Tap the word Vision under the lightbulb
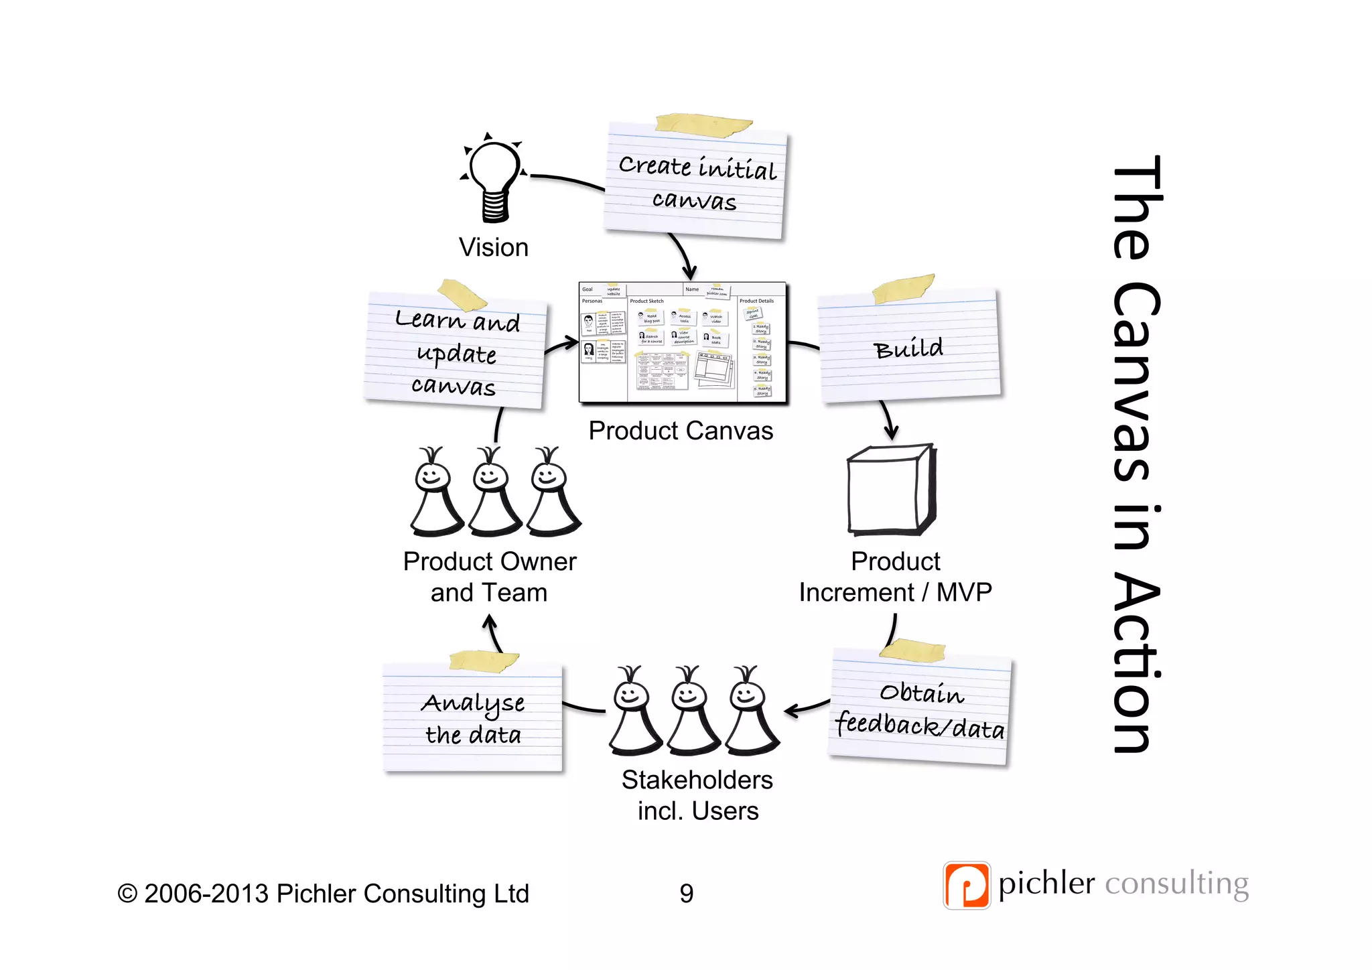(494, 248)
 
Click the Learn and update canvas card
(456, 353)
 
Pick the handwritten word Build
(908, 348)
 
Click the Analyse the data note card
(473, 718)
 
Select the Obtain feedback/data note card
(920, 710)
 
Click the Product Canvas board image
(681, 343)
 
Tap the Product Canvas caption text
(681, 431)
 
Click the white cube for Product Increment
(891, 490)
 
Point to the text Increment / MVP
(895, 593)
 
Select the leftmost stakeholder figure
(633, 712)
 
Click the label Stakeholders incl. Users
(697, 795)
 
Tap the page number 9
(687, 894)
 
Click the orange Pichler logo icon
(966, 885)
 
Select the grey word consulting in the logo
(1176, 884)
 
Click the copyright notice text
(324, 894)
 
